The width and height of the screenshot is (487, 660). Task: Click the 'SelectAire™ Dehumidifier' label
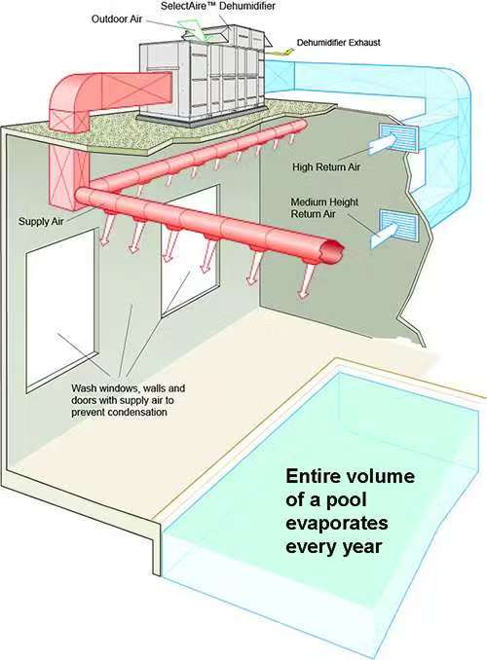(x=218, y=6)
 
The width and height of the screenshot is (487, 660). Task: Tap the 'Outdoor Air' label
(x=117, y=18)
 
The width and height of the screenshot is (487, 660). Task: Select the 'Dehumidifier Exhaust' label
(x=338, y=43)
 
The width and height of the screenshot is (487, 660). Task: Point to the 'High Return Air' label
(x=326, y=167)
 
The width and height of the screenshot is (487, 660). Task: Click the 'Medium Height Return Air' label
(x=324, y=208)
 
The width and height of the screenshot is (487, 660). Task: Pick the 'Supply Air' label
(x=41, y=221)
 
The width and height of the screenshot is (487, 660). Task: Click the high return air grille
(x=399, y=137)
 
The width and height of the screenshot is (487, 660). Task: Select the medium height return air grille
(x=399, y=228)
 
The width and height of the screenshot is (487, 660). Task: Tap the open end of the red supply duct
(x=332, y=252)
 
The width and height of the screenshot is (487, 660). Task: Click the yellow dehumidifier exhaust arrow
(x=281, y=52)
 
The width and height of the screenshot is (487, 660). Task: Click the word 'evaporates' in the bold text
(x=337, y=523)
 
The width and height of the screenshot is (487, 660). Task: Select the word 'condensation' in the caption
(x=137, y=412)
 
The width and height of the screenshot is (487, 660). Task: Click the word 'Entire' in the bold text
(x=312, y=476)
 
